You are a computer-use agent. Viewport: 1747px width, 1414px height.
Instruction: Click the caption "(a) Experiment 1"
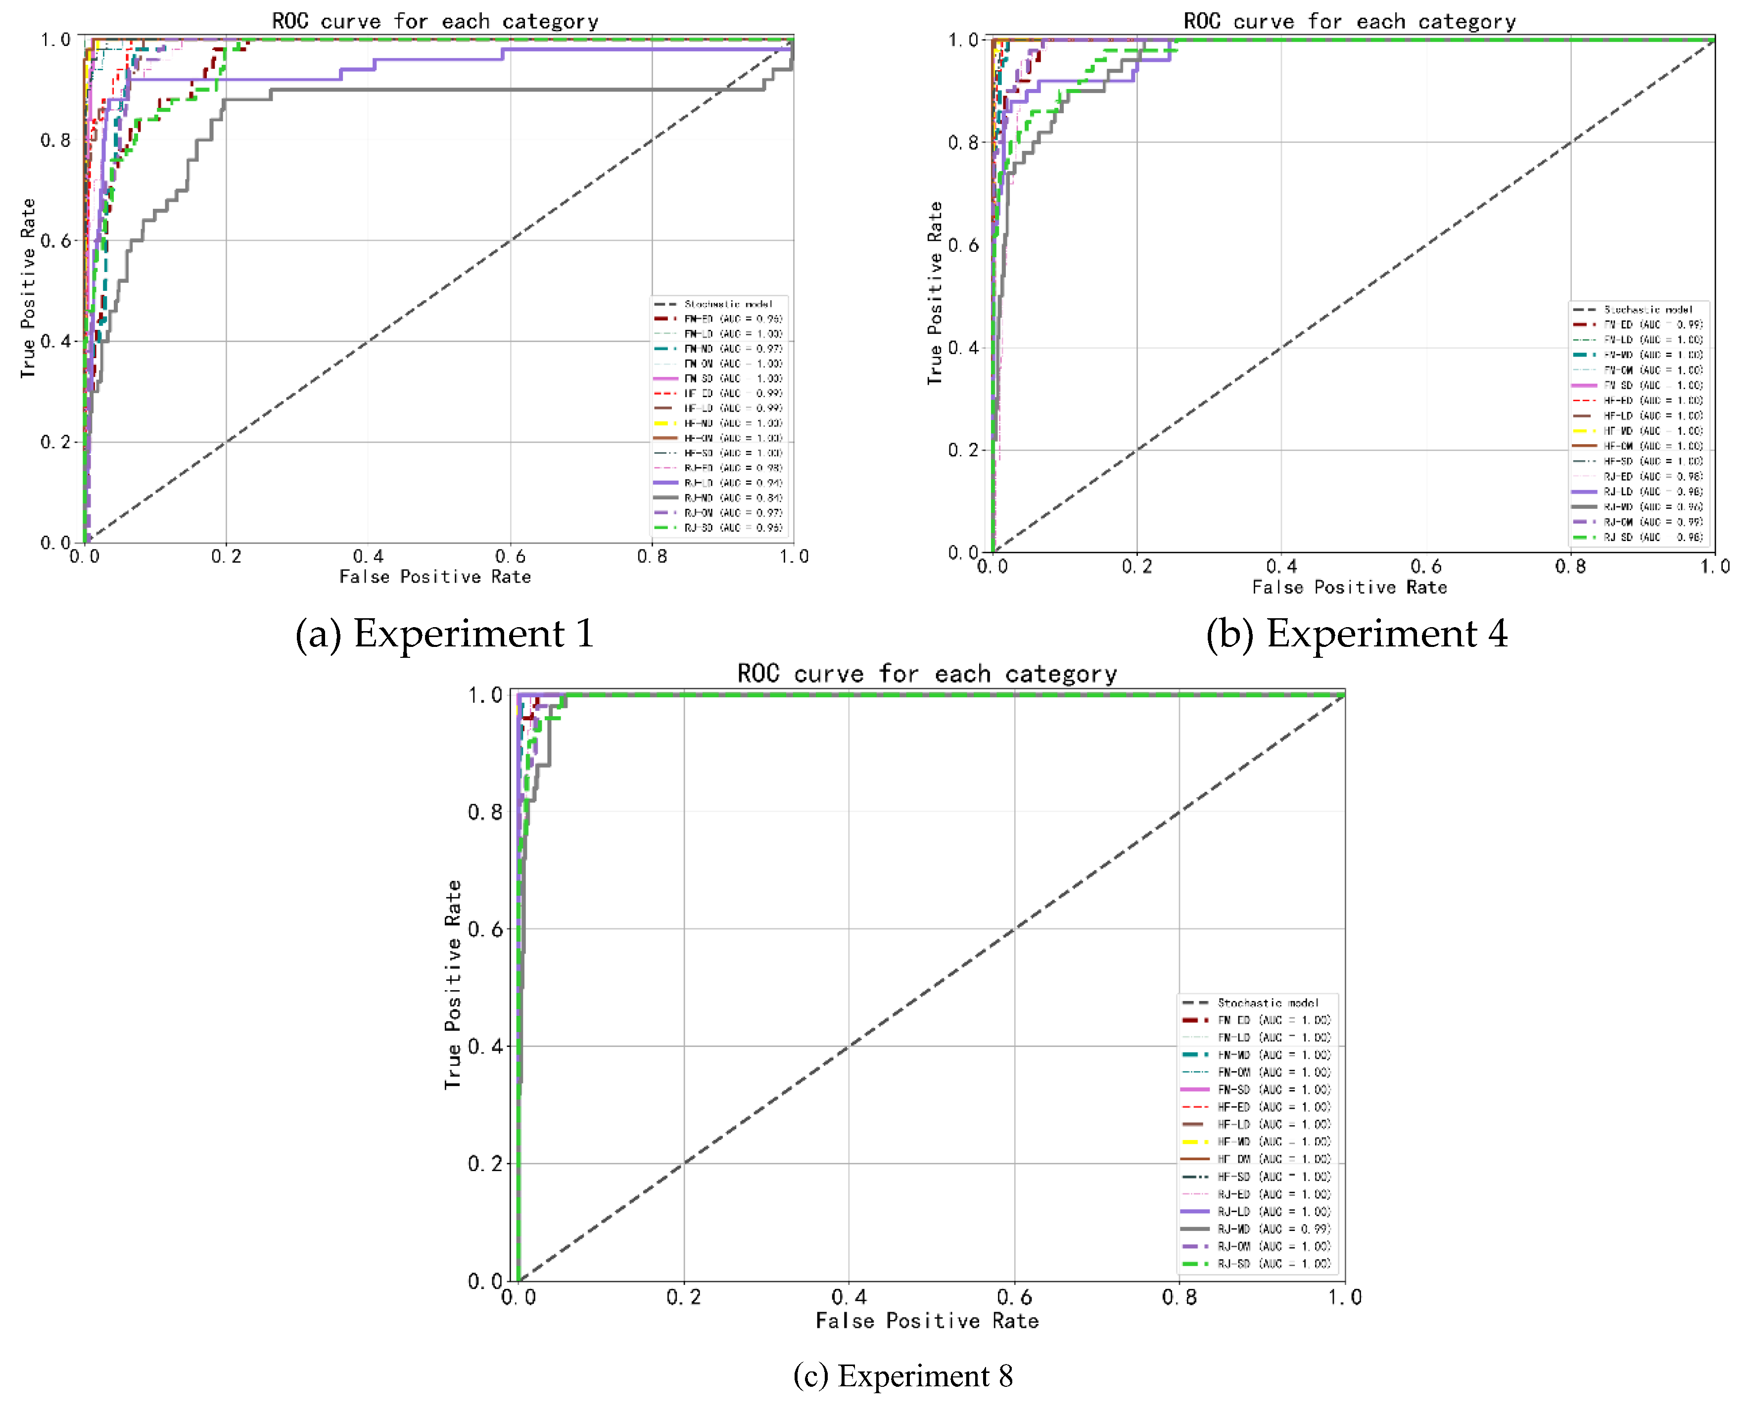click(x=444, y=634)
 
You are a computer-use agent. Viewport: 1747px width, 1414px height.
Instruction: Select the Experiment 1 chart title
click(x=435, y=21)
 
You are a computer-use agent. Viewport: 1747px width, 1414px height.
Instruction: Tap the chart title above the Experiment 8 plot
click(x=927, y=674)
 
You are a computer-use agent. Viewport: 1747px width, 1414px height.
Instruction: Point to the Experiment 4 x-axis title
click(x=1349, y=587)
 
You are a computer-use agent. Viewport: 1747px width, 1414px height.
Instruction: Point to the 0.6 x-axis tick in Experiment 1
click(x=510, y=556)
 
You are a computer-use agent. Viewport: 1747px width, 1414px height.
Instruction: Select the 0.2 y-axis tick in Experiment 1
click(x=55, y=442)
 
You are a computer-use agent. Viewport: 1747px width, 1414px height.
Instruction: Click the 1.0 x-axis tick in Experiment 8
click(x=1344, y=1297)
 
